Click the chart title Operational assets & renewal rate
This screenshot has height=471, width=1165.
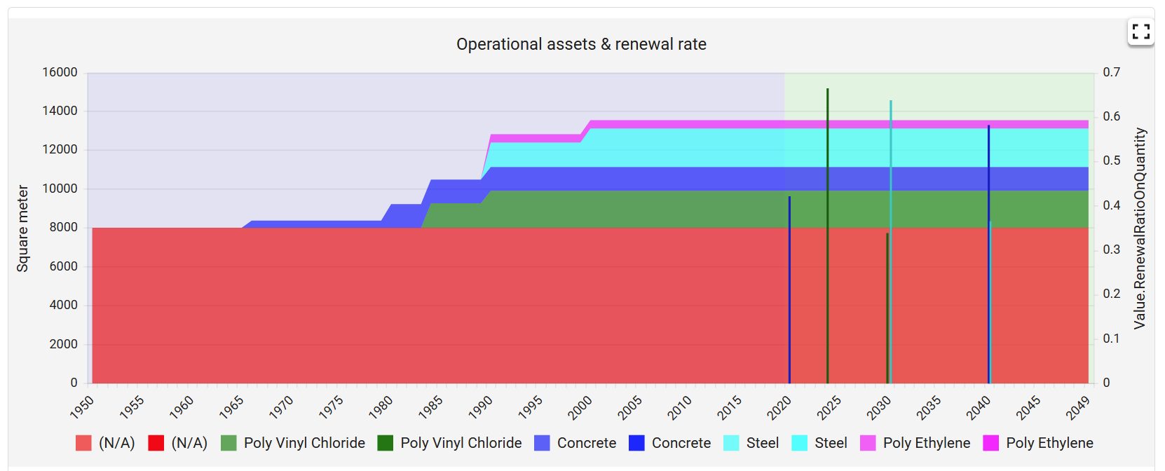click(581, 44)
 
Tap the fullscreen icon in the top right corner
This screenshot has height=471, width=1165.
click(1140, 32)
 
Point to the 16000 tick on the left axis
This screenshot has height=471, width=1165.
click(60, 72)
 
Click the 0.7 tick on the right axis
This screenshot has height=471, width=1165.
click(1111, 72)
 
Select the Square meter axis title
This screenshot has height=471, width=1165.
click(23, 228)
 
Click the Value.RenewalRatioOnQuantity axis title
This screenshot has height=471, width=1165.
click(1140, 228)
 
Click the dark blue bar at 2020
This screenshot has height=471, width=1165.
click(789, 294)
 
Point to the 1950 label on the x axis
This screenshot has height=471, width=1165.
click(82, 407)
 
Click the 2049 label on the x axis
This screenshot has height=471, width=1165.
click(1077, 407)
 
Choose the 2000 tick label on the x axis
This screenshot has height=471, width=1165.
click(580, 407)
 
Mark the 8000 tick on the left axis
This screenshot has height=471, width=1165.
click(63, 227)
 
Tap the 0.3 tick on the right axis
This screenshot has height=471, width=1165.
click(1111, 250)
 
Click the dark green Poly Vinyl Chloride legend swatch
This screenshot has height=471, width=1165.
click(385, 443)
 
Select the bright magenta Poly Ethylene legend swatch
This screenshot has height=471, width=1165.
click(990, 443)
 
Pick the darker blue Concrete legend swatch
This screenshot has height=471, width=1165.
click(636, 443)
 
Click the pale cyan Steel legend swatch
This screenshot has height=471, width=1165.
click(731, 443)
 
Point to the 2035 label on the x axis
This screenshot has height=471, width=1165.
click(928, 407)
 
